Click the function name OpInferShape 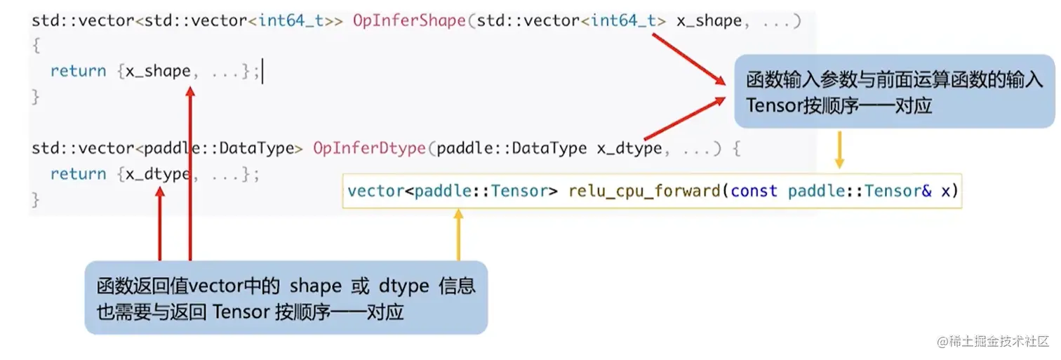409,21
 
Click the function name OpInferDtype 369,149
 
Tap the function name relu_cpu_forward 644,191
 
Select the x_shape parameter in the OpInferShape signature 709,21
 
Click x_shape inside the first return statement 158,72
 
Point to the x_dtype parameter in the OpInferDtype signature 629,149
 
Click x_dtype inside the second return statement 158,174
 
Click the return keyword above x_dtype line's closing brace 78,174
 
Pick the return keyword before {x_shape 78,72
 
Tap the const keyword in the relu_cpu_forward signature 754,191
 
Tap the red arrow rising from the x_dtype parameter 684,119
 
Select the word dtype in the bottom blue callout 404,286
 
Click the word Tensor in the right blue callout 771,106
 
